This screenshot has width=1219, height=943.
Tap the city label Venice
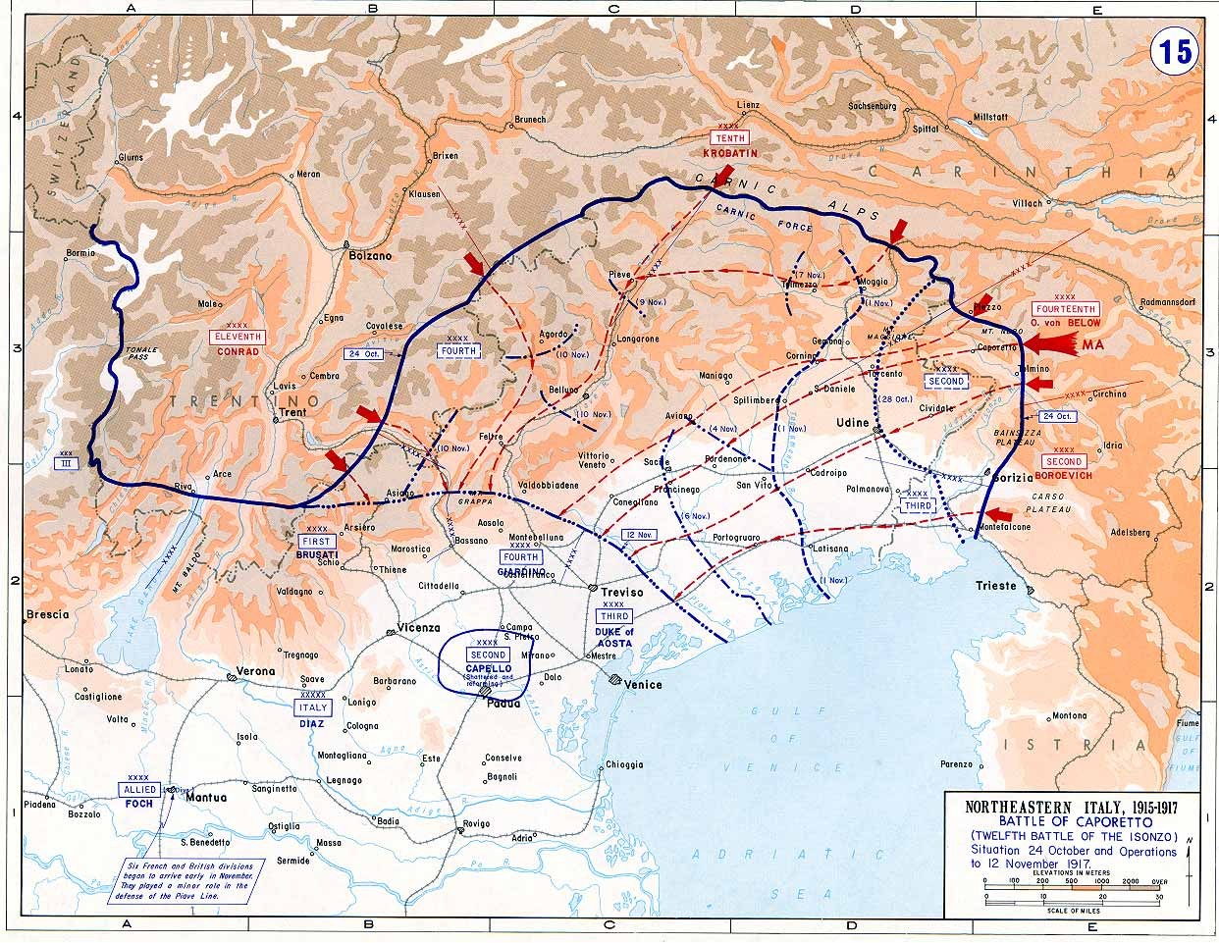coord(644,685)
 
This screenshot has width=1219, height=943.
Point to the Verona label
coord(256,672)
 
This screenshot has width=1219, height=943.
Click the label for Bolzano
coord(370,255)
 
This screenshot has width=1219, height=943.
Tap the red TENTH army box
coord(729,139)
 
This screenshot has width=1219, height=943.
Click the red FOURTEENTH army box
coord(1065,309)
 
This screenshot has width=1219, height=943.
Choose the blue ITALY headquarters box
coord(312,707)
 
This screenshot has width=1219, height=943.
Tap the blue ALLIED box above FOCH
coord(138,789)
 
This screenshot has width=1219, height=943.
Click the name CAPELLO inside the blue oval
coord(488,668)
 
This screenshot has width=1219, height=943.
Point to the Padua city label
coord(503,703)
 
